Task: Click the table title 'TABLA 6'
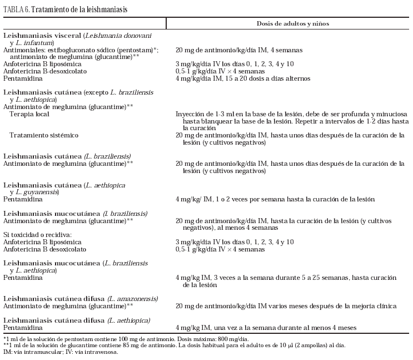14,9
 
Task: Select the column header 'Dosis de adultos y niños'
292,23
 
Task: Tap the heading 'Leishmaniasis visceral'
42,36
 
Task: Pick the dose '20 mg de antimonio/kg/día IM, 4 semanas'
231,50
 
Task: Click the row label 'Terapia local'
29,114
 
